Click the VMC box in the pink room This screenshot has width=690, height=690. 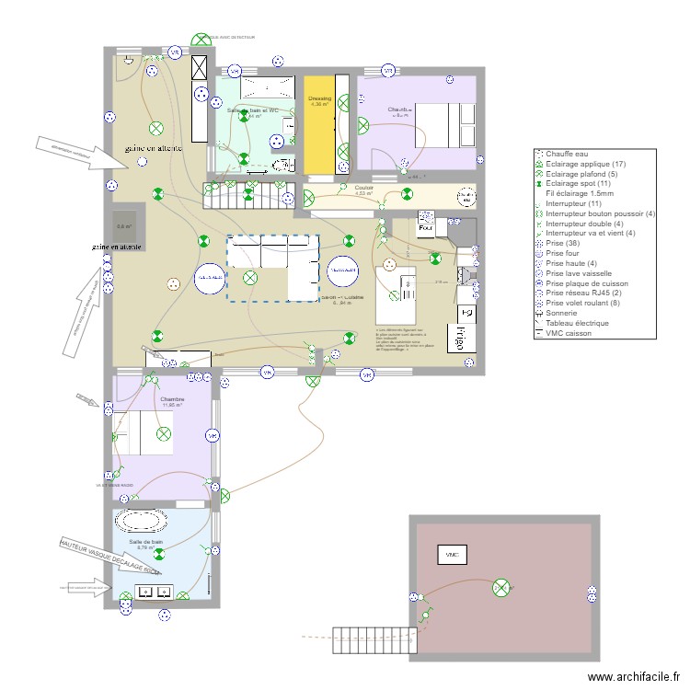(452, 555)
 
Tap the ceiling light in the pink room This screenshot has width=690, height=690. (501, 587)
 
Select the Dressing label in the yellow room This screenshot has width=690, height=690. (319, 101)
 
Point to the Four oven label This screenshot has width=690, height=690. (425, 230)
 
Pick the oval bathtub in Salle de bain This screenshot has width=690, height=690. (141, 521)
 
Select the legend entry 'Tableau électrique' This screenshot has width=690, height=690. (577, 323)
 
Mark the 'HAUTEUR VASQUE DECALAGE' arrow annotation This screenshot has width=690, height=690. (109, 558)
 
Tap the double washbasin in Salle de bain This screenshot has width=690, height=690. (153, 591)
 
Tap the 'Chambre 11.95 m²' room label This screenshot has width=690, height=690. (172, 402)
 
